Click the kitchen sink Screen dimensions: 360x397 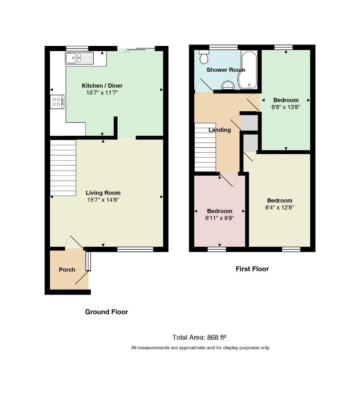click(79, 58)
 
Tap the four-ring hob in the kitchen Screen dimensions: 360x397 click(57, 102)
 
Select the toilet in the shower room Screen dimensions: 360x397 click(204, 57)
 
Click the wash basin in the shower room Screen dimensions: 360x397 click(228, 85)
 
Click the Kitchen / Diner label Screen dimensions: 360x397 click(102, 86)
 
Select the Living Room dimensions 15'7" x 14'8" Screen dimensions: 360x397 click(103, 200)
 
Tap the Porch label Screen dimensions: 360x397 click(67, 270)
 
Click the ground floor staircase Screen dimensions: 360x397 click(63, 168)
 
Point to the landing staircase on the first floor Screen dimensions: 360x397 click(205, 147)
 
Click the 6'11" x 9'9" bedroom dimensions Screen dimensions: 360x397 click(220, 218)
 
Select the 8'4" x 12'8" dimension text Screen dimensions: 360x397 click(280, 208)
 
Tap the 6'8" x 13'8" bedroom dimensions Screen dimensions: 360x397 click(286, 107)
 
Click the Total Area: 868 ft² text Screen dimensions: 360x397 click(199, 337)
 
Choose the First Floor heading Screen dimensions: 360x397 click(252, 269)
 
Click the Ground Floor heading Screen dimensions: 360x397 click(107, 312)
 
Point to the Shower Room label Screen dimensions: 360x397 click(226, 70)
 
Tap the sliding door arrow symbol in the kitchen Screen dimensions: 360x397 click(127, 52)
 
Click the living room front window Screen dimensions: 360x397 click(135, 249)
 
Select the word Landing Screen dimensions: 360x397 click(220, 130)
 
